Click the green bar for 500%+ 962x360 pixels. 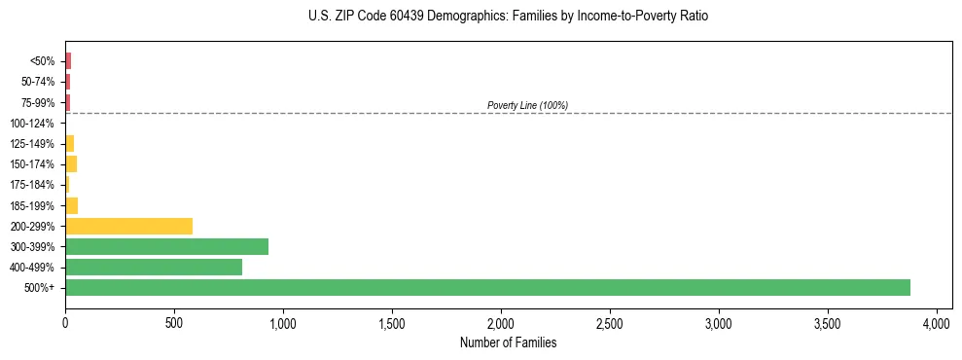(487, 287)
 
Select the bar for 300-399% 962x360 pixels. (166, 246)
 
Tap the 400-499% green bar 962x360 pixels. (154, 267)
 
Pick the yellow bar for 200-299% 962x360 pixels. (128, 226)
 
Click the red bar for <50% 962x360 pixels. (68, 61)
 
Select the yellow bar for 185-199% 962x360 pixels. (71, 205)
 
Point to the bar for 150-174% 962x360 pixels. (71, 164)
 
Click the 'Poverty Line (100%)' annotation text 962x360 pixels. (527, 105)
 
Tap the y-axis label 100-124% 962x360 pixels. (32, 124)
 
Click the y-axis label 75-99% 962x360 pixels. (38, 103)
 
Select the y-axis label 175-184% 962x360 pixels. (32, 185)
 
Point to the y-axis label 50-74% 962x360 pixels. (38, 82)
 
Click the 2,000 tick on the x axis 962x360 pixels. (501, 322)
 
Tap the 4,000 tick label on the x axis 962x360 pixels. (936, 322)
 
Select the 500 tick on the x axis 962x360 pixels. (174, 322)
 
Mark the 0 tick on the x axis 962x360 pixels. (65, 322)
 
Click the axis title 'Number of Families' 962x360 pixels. (508, 342)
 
